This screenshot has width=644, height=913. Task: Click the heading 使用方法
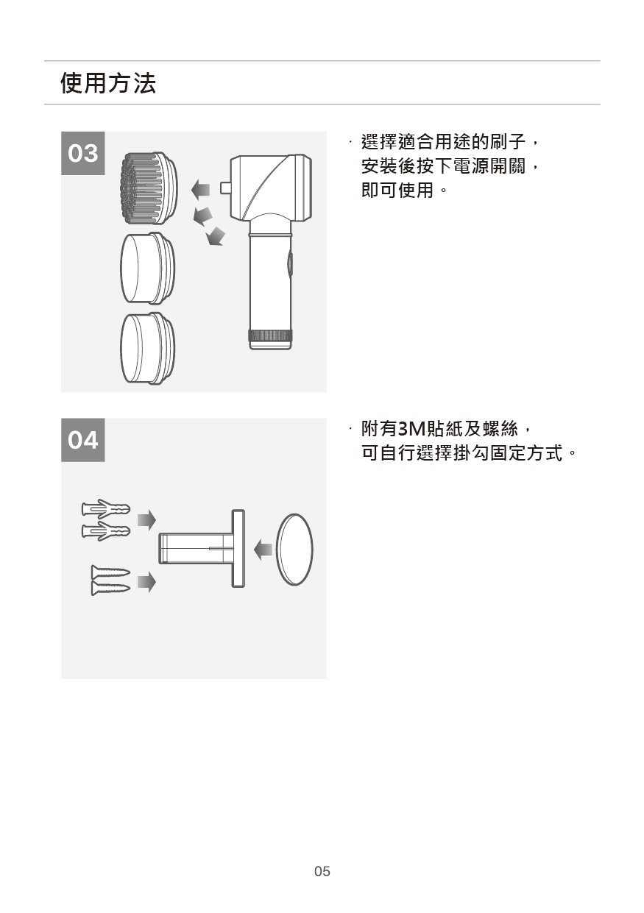tap(108, 83)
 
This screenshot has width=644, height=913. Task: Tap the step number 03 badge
tap(82, 153)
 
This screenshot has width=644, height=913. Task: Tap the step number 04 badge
tap(82, 440)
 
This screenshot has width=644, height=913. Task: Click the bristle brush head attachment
tap(149, 188)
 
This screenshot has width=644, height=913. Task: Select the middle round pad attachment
tap(148, 269)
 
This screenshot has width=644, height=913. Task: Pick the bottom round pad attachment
tap(148, 349)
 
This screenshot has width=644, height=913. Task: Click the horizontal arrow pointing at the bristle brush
tap(201, 190)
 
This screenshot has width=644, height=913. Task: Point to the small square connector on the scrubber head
tap(225, 188)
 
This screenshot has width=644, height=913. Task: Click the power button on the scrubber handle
tap(289, 265)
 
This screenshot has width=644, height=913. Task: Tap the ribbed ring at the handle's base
tap(270, 335)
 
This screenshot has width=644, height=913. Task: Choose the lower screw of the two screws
tap(110, 588)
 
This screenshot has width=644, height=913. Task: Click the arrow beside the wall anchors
tap(146, 520)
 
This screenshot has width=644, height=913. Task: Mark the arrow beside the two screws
tap(146, 582)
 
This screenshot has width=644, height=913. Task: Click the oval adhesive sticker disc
tap(295, 550)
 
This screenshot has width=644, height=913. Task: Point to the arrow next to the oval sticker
tap(263, 550)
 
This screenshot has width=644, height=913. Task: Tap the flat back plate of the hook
tap(238, 548)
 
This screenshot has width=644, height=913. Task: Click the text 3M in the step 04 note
tap(411, 429)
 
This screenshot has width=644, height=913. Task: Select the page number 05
tap(322, 871)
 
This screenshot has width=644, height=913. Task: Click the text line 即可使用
tap(397, 190)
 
